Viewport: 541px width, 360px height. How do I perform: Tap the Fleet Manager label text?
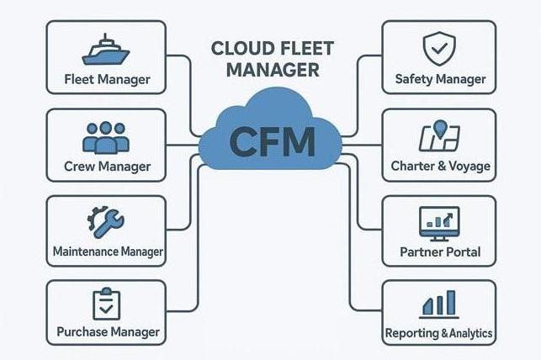[x=107, y=80]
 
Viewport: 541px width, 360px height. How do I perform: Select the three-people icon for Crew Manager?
[x=105, y=136]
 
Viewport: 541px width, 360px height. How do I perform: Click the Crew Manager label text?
[x=106, y=167]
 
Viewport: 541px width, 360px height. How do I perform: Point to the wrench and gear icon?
[x=105, y=222]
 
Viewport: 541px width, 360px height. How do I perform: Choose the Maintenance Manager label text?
[x=107, y=251]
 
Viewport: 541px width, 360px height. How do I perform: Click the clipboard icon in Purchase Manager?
[x=105, y=304]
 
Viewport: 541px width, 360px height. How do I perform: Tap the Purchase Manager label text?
[x=107, y=332]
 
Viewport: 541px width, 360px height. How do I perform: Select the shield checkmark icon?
[x=439, y=48]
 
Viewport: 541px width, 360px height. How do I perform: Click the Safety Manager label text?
[x=440, y=79]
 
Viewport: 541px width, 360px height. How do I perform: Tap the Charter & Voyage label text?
[x=440, y=167]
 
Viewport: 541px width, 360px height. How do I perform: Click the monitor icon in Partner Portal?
[x=439, y=222]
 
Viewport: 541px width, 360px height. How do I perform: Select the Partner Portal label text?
[x=440, y=251]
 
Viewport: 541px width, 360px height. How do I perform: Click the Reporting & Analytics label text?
[x=439, y=333]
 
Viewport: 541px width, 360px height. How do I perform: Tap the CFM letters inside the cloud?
[x=271, y=141]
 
